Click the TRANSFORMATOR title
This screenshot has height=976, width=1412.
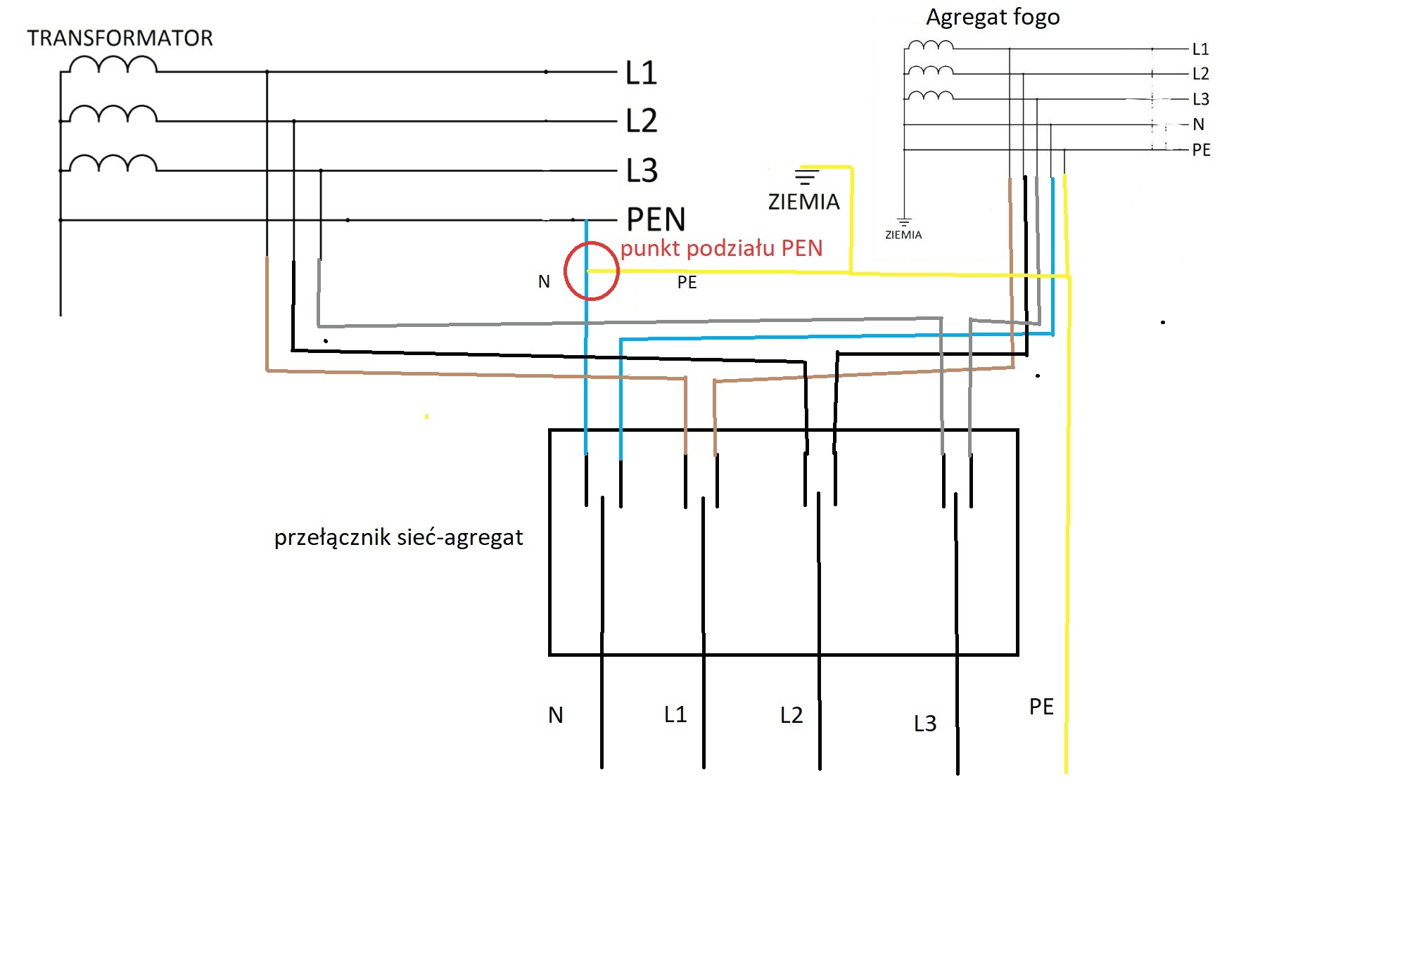(120, 38)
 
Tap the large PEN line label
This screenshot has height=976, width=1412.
(656, 219)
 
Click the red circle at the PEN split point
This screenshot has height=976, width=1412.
(592, 271)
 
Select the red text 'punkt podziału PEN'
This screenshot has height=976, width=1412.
(721, 248)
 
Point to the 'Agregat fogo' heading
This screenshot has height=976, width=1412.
(992, 17)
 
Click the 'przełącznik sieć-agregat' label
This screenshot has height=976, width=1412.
(398, 538)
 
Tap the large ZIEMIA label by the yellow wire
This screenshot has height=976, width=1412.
(803, 203)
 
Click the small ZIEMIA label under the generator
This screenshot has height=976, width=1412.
(903, 235)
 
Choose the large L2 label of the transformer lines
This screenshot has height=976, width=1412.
(642, 121)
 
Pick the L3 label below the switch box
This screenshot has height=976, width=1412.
(925, 724)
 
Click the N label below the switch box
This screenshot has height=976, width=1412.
(556, 715)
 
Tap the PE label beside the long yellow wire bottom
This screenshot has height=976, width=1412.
(1041, 707)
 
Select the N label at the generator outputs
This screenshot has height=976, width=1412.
(1199, 124)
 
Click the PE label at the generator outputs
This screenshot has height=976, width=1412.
(1201, 150)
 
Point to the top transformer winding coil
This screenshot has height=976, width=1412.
(113, 65)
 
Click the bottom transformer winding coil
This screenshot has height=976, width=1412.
(113, 164)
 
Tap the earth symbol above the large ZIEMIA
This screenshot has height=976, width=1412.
(806, 176)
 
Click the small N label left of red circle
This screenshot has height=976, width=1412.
(544, 282)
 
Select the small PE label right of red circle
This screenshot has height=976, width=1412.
(687, 283)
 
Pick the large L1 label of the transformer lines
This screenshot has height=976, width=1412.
(642, 73)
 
